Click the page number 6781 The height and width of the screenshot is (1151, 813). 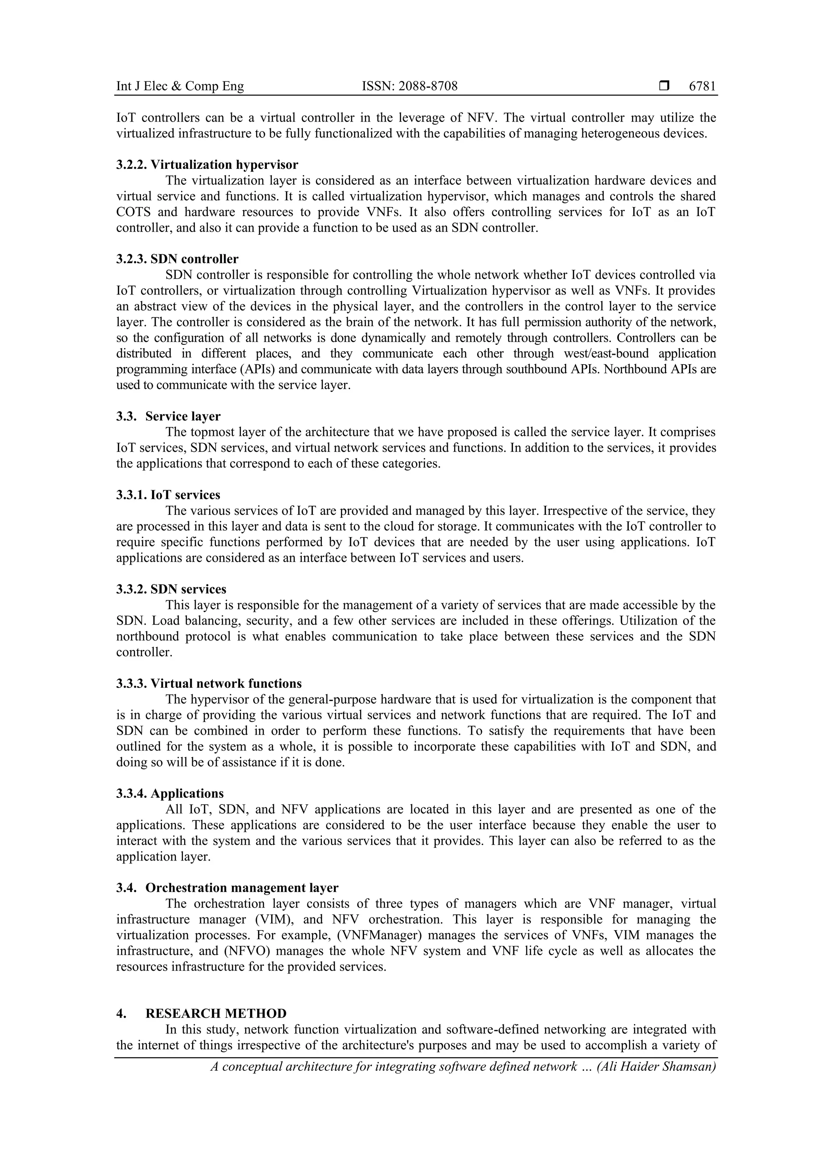(x=702, y=86)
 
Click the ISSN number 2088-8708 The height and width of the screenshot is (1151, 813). (x=410, y=86)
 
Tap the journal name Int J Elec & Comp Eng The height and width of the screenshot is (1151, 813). (x=180, y=86)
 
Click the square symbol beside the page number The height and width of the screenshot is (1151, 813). (x=664, y=86)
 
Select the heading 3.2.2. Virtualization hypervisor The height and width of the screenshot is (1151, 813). (x=207, y=164)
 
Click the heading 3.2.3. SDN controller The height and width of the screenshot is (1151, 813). (x=177, y=259)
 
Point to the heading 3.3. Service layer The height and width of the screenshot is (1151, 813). (x=168, y=416)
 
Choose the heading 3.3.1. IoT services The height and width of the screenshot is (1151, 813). (x=168, y=495)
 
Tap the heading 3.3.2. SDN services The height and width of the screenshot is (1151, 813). (x=171, y=589)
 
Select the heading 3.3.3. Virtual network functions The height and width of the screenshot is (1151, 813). (x=209, y=683)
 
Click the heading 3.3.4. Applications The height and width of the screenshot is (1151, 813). (x=170, y=793)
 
